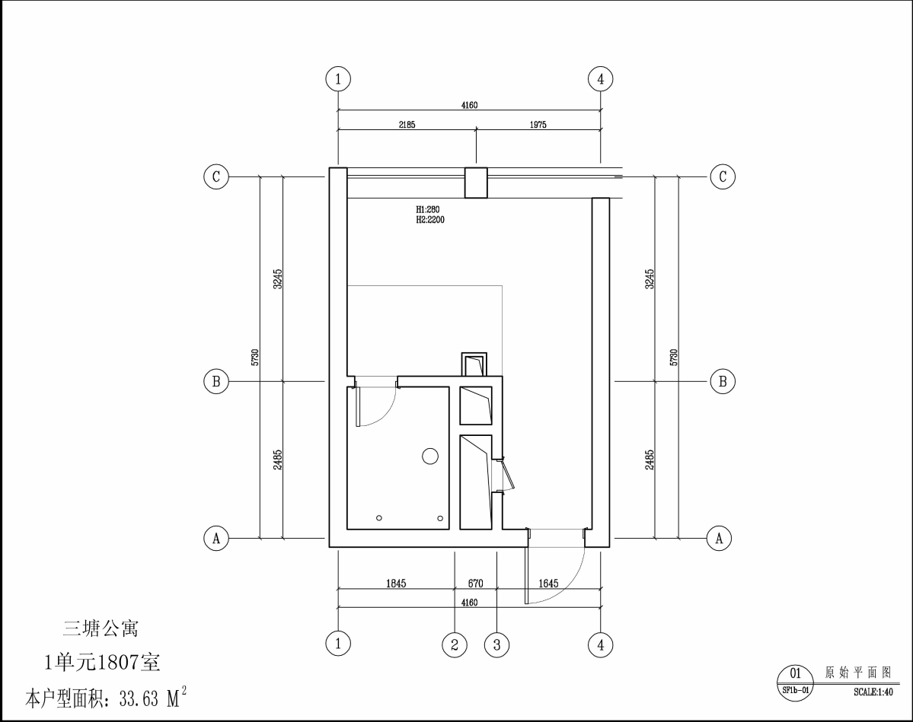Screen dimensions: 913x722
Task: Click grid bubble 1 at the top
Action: tap(338, 78)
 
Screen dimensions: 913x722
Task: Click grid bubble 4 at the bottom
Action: tap(600, 644)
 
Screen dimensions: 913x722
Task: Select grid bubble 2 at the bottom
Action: tap(454, 644)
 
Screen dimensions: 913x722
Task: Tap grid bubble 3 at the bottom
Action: tap(496, 644)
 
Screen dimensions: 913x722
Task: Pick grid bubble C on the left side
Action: tap(216, 177)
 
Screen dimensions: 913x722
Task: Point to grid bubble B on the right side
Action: tap(723, 382)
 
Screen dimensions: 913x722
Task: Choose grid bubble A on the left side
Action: tap(216, 538)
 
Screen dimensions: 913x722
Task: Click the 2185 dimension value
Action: tap(407, 125)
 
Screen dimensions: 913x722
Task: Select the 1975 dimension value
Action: tap(538, 125)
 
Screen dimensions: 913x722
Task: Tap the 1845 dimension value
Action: tap(396, 583)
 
